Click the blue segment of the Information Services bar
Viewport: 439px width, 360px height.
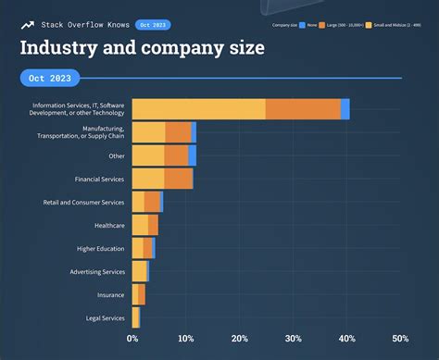pos(345,108)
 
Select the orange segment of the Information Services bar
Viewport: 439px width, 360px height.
pos(303,108)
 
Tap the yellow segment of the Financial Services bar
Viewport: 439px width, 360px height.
pos(148,179)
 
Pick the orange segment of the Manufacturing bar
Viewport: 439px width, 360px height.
pos(178,132)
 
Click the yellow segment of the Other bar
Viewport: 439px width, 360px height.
pos(148,155)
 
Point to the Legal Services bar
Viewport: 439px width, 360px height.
pos(136,318)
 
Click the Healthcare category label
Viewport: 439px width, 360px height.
pos(109,225)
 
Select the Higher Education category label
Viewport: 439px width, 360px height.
pos(101,248)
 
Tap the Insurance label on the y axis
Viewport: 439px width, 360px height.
pos(111,294)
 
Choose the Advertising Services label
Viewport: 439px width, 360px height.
pos(97,271)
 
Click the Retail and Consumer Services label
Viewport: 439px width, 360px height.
pos(84,202)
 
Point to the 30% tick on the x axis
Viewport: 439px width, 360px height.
pos(294,339)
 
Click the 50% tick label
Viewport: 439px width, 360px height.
pos(400,339)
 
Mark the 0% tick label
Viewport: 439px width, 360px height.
pos(132,339)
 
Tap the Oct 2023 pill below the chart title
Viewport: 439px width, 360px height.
pos(50,79)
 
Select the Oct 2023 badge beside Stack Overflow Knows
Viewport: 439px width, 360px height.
pos(152,24)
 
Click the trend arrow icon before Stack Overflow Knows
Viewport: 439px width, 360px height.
pos(28,24)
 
